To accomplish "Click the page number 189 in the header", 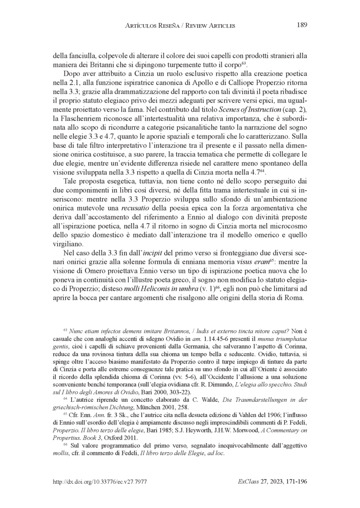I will [301, 25].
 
